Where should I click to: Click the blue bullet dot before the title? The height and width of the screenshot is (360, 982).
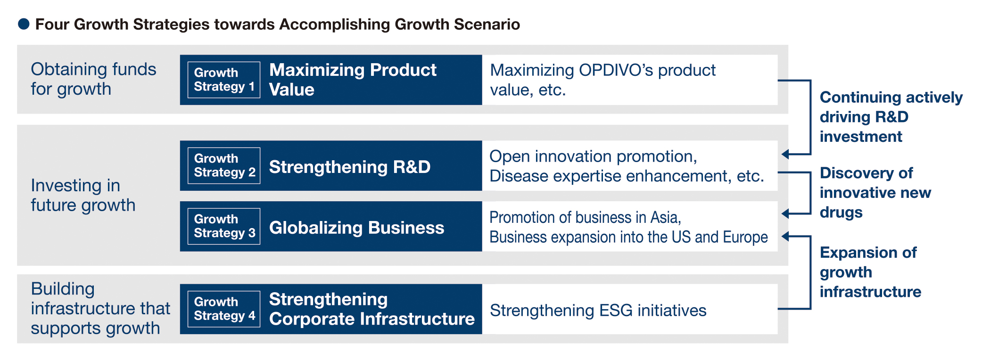[x=24, y=24]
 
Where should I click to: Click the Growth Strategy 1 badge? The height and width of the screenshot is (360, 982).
[x=224, y=80]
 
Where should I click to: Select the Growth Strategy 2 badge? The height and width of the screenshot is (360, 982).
[x=224, y=165]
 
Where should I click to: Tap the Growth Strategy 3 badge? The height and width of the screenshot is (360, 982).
[x=224, y=226]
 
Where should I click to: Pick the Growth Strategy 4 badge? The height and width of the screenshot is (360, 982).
[x=224, y=309]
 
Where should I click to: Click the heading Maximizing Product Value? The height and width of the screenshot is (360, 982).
[x=353, y=80]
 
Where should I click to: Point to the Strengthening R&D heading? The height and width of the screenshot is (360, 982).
[x=349, y=167]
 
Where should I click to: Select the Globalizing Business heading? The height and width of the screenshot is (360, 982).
[x=356, y=228]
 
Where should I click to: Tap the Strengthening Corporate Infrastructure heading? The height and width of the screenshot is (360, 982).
[x=371, y=309]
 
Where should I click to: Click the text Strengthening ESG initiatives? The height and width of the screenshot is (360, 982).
[x=598, y=311]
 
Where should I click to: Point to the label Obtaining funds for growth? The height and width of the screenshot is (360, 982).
[x=93, y=79]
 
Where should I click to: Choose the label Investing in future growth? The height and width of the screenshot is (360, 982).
[x=83, y=195]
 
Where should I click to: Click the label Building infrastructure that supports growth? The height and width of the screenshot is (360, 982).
[x=100, y=308]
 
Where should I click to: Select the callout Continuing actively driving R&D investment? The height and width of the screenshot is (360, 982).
[x=891, y=117]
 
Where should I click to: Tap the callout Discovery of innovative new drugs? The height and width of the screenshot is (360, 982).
[x=875, y=193]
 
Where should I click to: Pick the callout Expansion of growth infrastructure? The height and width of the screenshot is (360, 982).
[x=870, y=272]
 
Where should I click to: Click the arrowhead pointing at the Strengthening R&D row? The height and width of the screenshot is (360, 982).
[x=785, y=154]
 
